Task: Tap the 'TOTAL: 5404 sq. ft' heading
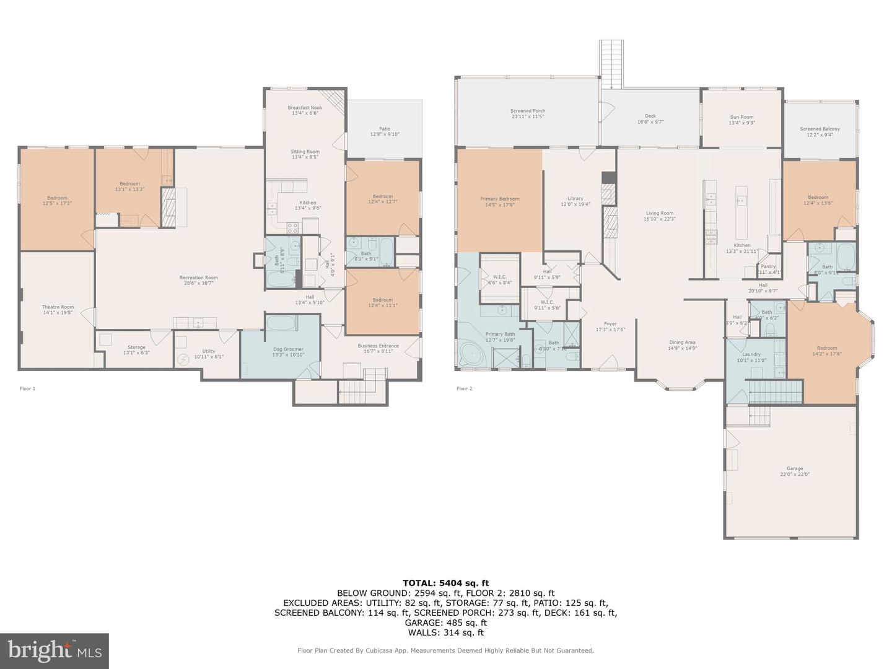pos(445,583)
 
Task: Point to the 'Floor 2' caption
pos(464,389)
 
